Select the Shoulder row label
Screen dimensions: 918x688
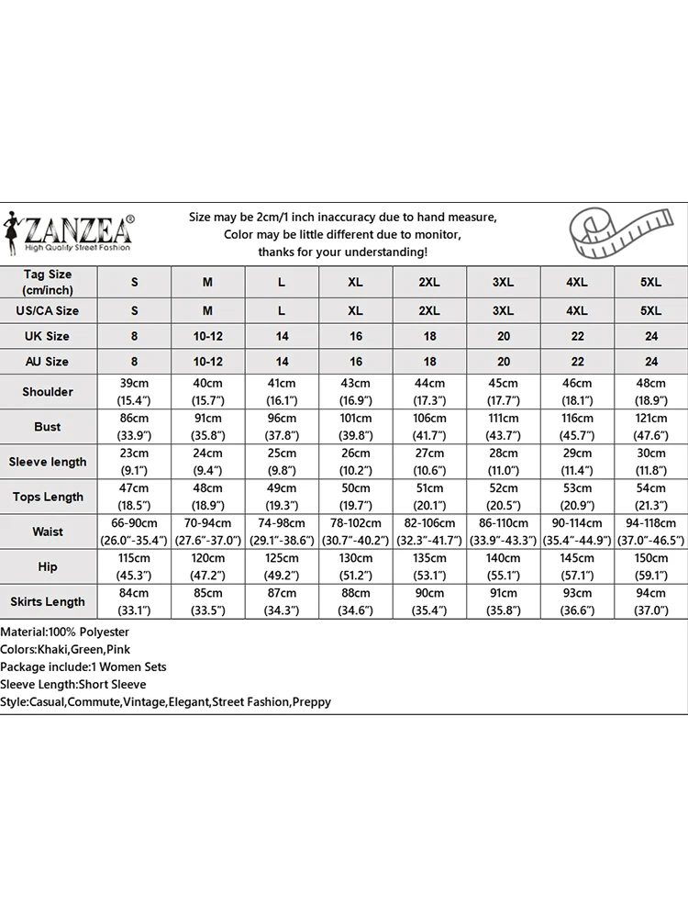[x=48, y=392]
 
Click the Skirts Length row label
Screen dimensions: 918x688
[x=48, y=601]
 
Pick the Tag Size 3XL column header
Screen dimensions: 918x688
[x=504, y=282]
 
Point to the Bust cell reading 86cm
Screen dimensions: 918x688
[x=134, y=427]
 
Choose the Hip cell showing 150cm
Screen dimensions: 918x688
[x=651, y=566]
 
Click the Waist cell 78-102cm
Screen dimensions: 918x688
[x=356, y=532]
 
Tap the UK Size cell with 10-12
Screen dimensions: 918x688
[x=208, y=336]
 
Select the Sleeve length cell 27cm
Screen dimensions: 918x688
[x=429, y=462]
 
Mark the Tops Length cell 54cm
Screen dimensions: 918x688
[x=651, y=497]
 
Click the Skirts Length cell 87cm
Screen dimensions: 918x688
[x=282, y=601]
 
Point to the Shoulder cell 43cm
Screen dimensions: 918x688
[x=356, y=392]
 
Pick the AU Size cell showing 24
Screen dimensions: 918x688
[x=651, y=362]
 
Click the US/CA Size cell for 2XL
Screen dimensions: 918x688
[x=429, y=310]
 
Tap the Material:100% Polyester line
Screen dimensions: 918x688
[x=65, y=633]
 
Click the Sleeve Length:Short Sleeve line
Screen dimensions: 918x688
[x=73, y=685]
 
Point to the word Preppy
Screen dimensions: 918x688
[x=311, y=702]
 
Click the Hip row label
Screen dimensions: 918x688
[x=48, y=566]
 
